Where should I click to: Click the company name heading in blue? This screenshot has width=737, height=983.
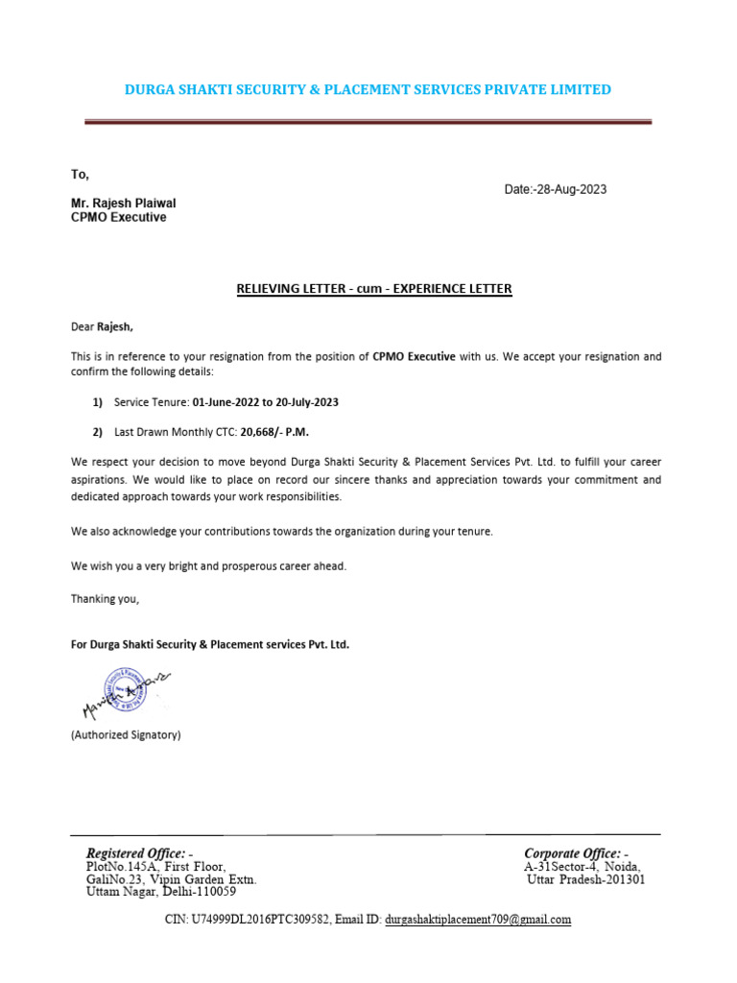[368, 89]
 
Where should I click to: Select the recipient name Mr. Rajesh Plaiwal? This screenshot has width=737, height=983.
[123, 204]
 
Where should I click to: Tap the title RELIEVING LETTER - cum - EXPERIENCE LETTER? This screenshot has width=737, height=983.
[374, 289]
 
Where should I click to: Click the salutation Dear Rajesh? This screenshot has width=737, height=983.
[102, 326]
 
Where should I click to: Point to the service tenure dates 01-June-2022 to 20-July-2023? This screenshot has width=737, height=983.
[265, 402]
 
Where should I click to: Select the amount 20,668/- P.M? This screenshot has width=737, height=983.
[266, 432]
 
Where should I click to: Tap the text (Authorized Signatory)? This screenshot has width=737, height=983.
[126, 735]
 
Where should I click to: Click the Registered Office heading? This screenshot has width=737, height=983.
[138, 853]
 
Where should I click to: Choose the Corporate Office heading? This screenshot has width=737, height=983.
[575, 853]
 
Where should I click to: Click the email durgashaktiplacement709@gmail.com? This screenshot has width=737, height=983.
[478, 919]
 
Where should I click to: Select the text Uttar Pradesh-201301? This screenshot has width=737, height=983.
[586, 878]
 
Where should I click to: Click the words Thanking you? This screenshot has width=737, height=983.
[105, 599]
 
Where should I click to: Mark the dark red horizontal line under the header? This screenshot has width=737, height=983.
[368, 122]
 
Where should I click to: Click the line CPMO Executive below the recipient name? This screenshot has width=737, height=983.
[118, 218]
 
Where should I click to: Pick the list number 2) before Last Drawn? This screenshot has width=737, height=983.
[98, 432]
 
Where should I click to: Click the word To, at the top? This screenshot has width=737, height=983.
[80, 174]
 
